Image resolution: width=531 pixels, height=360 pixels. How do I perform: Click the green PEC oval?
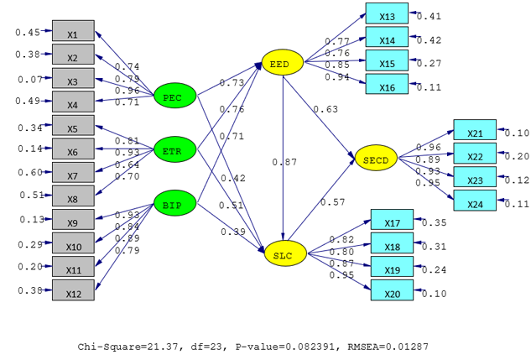[x=175, y=97]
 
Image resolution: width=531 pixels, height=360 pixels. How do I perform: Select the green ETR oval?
[x=175, y=151]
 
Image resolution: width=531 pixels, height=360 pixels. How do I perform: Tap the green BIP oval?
[x=174, y=204]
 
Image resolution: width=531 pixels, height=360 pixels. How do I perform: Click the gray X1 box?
[x=73, y=34]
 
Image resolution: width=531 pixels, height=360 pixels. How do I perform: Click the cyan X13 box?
[x=387, y=16]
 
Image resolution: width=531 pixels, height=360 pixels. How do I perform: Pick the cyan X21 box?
[x=475, y=133]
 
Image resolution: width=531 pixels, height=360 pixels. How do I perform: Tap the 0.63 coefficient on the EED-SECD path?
[x=325, y=108]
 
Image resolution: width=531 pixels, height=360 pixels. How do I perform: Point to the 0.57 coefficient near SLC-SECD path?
[x=332, y=202]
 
